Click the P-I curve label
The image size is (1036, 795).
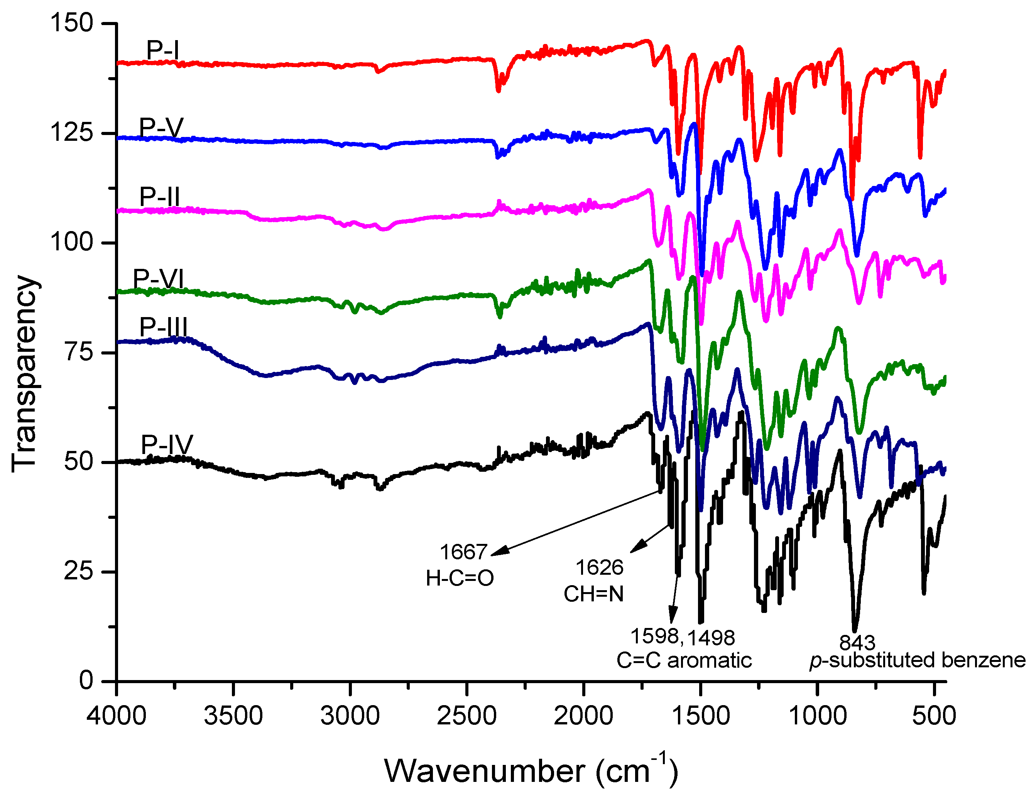tap(162, 50)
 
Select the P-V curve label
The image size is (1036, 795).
tap(161, 127)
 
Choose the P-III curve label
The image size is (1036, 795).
tap(163, 326)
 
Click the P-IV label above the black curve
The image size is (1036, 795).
tap(167, 444)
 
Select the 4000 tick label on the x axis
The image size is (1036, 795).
tap(117, 716)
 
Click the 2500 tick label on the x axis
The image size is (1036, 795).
tap(466, 716)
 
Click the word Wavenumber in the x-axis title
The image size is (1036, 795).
tap(485, 771)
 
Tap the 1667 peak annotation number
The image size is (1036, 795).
tap(463, 552)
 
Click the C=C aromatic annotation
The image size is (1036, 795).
tap(683, 660)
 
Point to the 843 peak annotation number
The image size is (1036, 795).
tap(857, 643)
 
